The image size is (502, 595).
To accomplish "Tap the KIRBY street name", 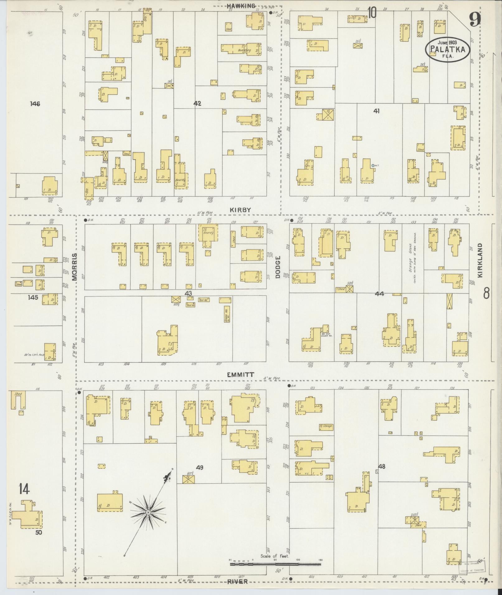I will click(240, 210).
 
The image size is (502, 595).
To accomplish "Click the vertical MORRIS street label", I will click(74, 267).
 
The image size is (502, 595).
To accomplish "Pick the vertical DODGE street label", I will click(278, 267).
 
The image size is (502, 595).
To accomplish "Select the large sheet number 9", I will click(475, 20).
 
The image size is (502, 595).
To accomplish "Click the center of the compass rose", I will click(148, 512).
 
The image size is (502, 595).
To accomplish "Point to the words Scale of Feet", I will click(275, 556).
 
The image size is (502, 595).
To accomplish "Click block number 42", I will click(197, 104).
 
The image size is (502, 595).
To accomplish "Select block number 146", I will click(35, 104).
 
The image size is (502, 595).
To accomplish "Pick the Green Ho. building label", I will click(226, 314).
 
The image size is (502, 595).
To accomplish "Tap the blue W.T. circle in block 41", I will click(373, 165).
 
